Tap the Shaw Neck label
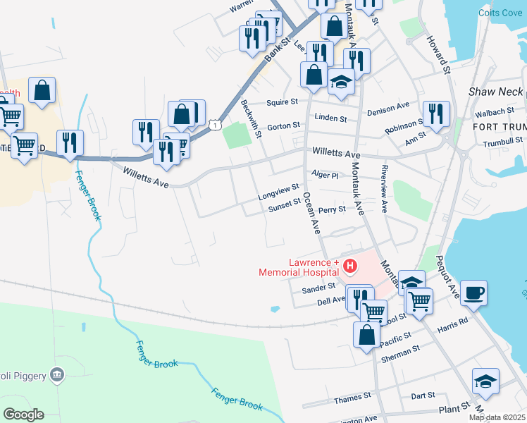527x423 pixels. [x=496, y=92]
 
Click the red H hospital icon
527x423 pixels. [x=350, y=267]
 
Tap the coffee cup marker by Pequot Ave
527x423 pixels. [x=473, y=292]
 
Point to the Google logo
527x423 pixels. [x=23, y=415]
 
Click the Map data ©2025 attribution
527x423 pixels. [x=497, y=417]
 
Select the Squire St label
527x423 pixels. [x=283, y=102]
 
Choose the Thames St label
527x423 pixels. [x=348, y=400]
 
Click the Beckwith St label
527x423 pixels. [x=251, y=114]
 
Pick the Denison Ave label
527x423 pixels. [x=388, y=106]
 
